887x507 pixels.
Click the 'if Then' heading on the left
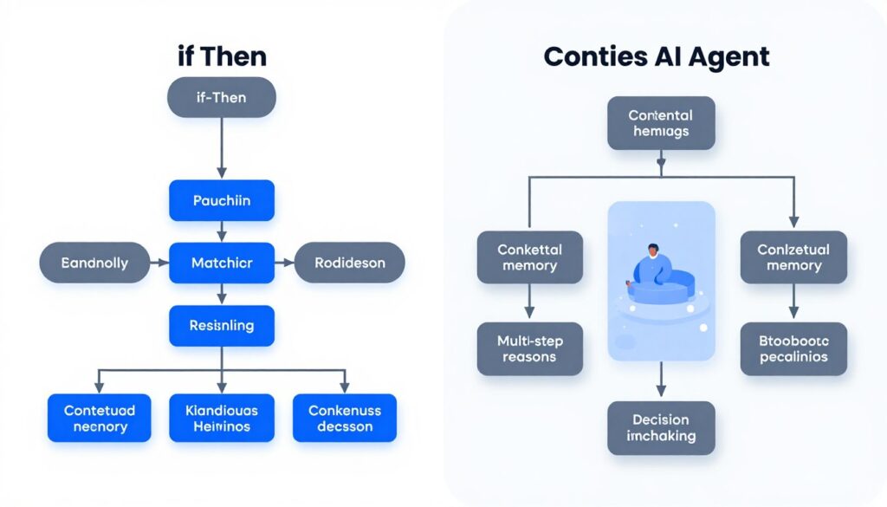[x=221, y=57]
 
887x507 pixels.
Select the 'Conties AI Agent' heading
[x=657, y=57]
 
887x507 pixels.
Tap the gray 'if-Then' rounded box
[x=221, y=97]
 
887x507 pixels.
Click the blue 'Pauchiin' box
[x=221, y=200]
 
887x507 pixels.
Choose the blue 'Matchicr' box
[x=221, y=263]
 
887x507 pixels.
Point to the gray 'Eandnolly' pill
[x=94, y=263]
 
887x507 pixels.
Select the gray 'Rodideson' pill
[x=349, y=263]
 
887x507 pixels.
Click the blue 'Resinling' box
[x=221, y=326]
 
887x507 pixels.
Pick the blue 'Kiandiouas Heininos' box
[x=221, y=418]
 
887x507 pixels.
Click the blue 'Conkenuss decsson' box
[x=344, y=418]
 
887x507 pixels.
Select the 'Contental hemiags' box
[x=660, y=123]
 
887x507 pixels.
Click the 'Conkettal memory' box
[x=529, y=257]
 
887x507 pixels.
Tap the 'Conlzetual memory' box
[x=793, y=257]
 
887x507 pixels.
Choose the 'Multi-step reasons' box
[x=529, y=348]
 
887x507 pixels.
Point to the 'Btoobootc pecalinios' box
[x=793, y=348]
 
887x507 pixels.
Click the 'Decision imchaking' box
[x=660, y=428]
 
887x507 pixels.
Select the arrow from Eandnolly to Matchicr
[x=159, y=263]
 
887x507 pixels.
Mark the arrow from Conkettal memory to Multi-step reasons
[x=529, y=302]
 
